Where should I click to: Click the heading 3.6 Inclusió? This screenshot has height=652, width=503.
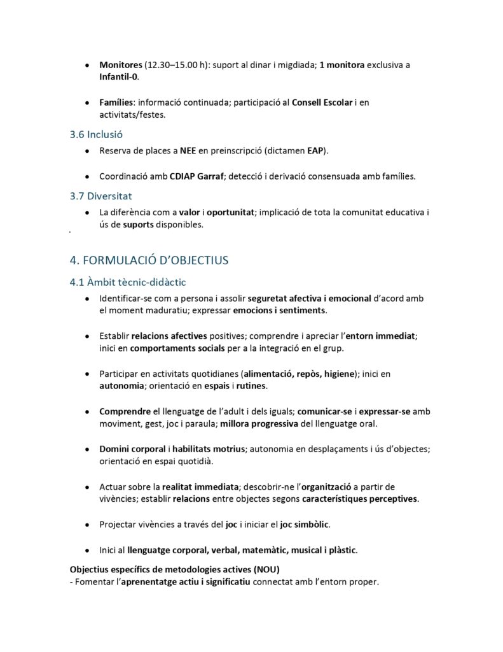96,134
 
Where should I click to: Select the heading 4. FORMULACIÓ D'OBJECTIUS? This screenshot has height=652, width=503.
148,260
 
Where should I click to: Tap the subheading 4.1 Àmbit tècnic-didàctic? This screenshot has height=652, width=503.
127,281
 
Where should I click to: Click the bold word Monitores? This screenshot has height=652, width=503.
121,65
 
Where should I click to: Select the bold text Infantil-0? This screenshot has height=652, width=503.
118,76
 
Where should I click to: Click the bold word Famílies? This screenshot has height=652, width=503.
116,103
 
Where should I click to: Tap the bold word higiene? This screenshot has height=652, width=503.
334,374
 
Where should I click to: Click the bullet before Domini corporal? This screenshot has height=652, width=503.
86,450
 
